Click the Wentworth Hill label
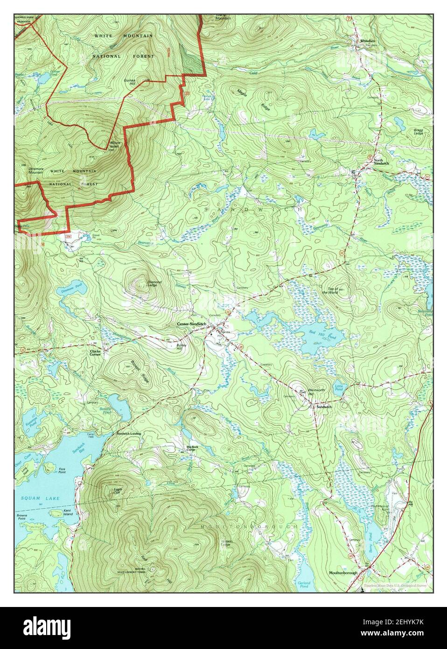point(313,392)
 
